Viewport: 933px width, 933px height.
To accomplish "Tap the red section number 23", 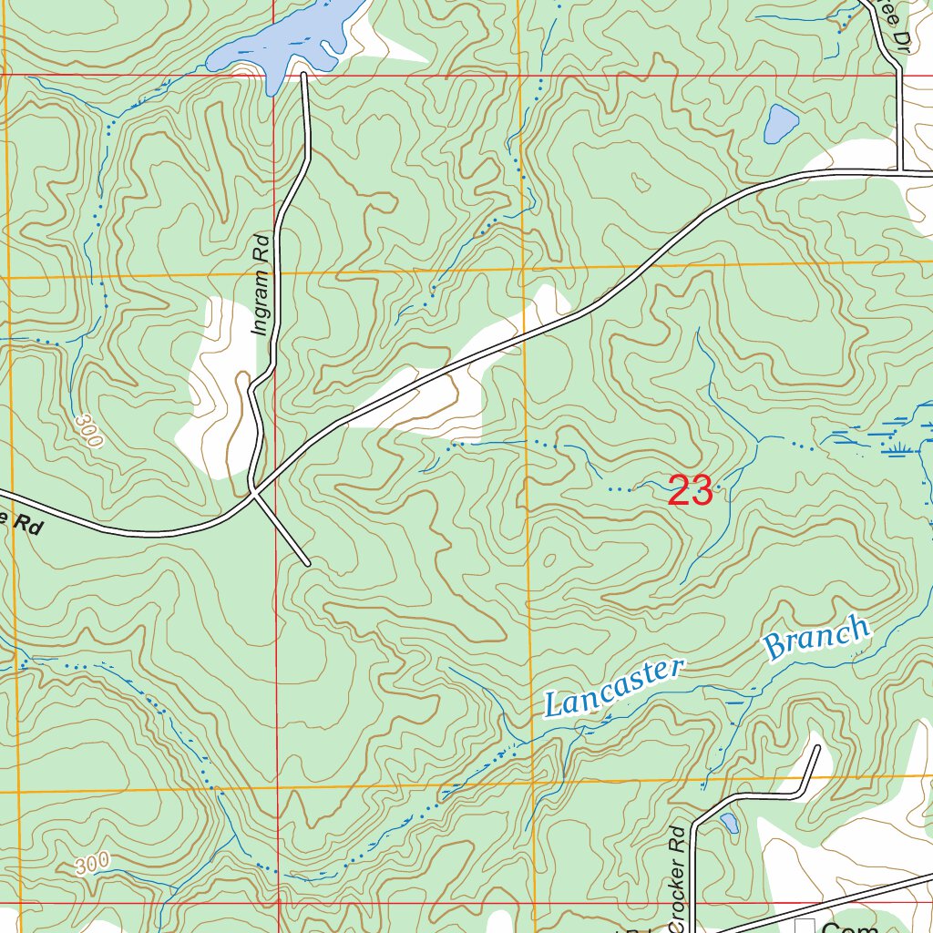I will [x=690, y=491].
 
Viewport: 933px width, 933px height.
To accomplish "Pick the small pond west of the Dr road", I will [x=781, y=124].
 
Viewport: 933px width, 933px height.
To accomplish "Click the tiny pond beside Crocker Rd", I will [x=729, y=824].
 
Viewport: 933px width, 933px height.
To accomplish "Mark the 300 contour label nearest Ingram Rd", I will [x=90, y=430].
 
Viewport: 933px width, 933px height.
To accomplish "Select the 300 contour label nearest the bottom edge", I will [x=93, y=862].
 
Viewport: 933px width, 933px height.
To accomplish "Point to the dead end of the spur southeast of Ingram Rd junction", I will [x=308, y=564].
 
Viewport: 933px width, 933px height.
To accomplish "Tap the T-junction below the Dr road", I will [x=899, y=170].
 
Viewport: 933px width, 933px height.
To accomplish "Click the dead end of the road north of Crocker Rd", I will [x=816, y=748].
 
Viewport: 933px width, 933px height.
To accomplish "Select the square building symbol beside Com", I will [x=805, y=927].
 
